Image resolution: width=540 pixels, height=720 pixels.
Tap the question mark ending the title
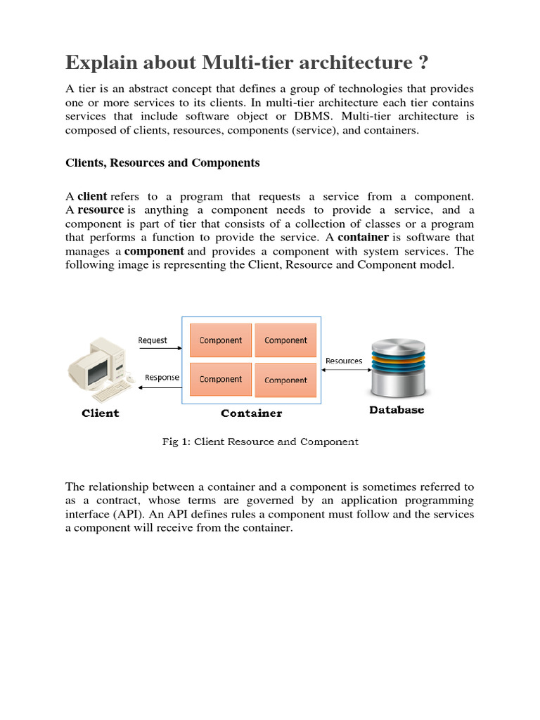pos(422,63)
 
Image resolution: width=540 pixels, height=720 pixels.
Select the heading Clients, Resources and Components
pos(162,162)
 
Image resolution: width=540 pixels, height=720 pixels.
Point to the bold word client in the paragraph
pos(92,197)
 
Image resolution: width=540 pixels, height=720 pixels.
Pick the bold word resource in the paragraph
pos(100,210)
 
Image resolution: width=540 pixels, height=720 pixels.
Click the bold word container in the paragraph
pos(364,237)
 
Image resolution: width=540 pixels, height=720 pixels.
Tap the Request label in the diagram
pos(153,340)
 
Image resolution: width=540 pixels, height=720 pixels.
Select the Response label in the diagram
pos(162,377)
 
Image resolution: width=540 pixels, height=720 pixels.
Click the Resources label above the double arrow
pos(344,361)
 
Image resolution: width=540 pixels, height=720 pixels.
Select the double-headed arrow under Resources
pos(343,370)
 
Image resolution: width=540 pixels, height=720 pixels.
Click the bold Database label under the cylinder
pos(397,410)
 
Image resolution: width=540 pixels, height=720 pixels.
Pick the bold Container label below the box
pos(251,413)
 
